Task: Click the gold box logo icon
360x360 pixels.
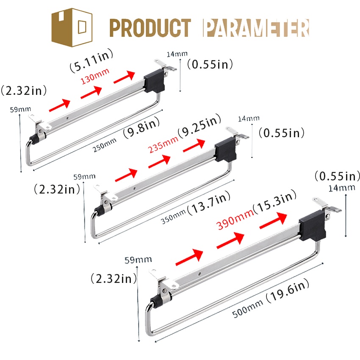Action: [x=72, y=28]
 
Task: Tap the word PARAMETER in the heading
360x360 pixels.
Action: [x=256, y=28]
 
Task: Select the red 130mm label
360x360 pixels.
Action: [x=94, y=76]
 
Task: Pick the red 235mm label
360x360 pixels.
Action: [x=163, y=144]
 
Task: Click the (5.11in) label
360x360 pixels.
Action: [x=91, y=61]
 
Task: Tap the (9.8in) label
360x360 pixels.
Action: [x=141, y=127]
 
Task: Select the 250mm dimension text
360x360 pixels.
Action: [x=104, y=145]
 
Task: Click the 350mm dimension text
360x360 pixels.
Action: [x=173, y=217]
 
